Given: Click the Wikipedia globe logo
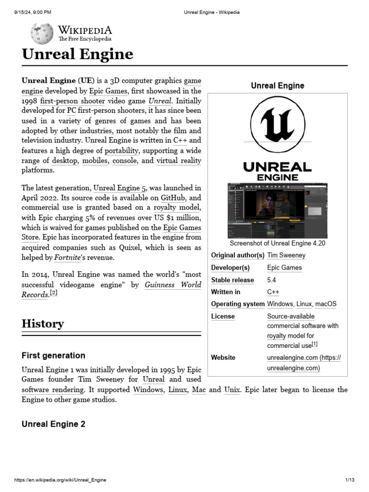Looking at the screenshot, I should [x=42, y=33].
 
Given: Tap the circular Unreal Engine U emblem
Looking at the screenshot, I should [x=277, y=124].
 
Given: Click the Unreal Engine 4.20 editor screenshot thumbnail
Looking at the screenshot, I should [x=277, y=210].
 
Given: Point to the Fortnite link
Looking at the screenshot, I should [x=67, y=258].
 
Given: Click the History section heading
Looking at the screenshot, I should [x=42, y=324].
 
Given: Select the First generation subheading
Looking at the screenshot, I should [x=53, y=356].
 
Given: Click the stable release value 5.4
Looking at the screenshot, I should [x=271, y=280].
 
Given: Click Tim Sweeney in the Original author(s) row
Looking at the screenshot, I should [x=286, y=256].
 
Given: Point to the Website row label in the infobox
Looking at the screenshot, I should [x=223, y=357].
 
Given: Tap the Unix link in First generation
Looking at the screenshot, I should [x=232, y=390].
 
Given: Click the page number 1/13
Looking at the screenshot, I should [x=349, y=480].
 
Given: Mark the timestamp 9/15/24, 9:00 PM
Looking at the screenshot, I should [x=33, y=12].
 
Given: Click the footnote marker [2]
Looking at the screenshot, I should [x=54, y=293].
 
